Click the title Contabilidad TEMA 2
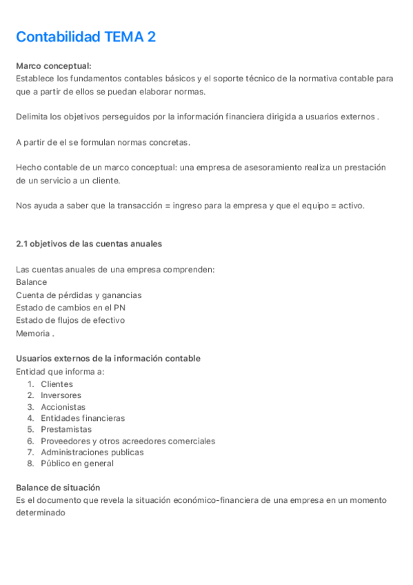(x=85, y=37)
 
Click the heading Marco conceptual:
(x=53, y=66)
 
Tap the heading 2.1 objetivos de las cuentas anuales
(x=88, y=244)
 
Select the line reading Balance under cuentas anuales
(x=32, y=282)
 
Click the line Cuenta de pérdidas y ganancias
(x=79, y=295)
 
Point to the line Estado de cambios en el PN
(x=70, y=308)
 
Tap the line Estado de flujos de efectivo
(x=70, y=320)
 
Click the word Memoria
(x=32, y=333)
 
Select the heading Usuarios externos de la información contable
(x=108, y=359)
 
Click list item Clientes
(x=57, y=384)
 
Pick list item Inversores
(x=61, y=395)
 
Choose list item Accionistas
(x=63, y=407)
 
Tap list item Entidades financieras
(x=83, y=418)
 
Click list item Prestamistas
(x=66, y=429)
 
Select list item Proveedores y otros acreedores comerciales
(x=128, y=441)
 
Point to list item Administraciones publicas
(x=92, y=452)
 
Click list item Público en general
(x=77, y=464)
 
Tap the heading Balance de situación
(x=58, y=488)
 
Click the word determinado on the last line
(x=41, y=513)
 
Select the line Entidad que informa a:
(x=60, y=371)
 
